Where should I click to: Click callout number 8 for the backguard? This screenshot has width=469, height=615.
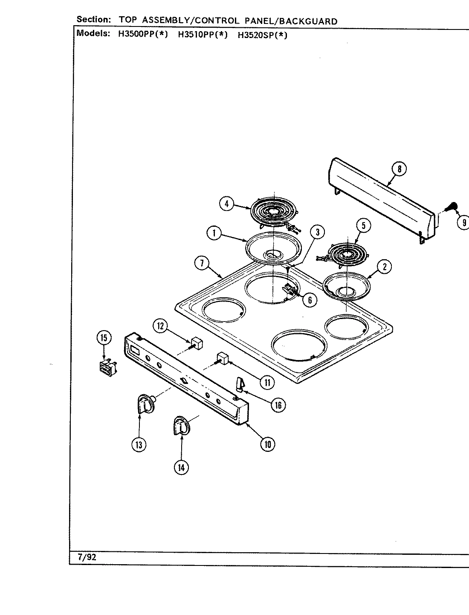[x=399, y=169]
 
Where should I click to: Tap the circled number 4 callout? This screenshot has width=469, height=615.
[x=227, y=204]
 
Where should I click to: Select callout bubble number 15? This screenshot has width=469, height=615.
[x=104, y=338]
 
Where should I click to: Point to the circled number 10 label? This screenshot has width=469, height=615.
[x=268, y=444]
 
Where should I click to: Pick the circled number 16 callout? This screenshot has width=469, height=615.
[x=278, y=404]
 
